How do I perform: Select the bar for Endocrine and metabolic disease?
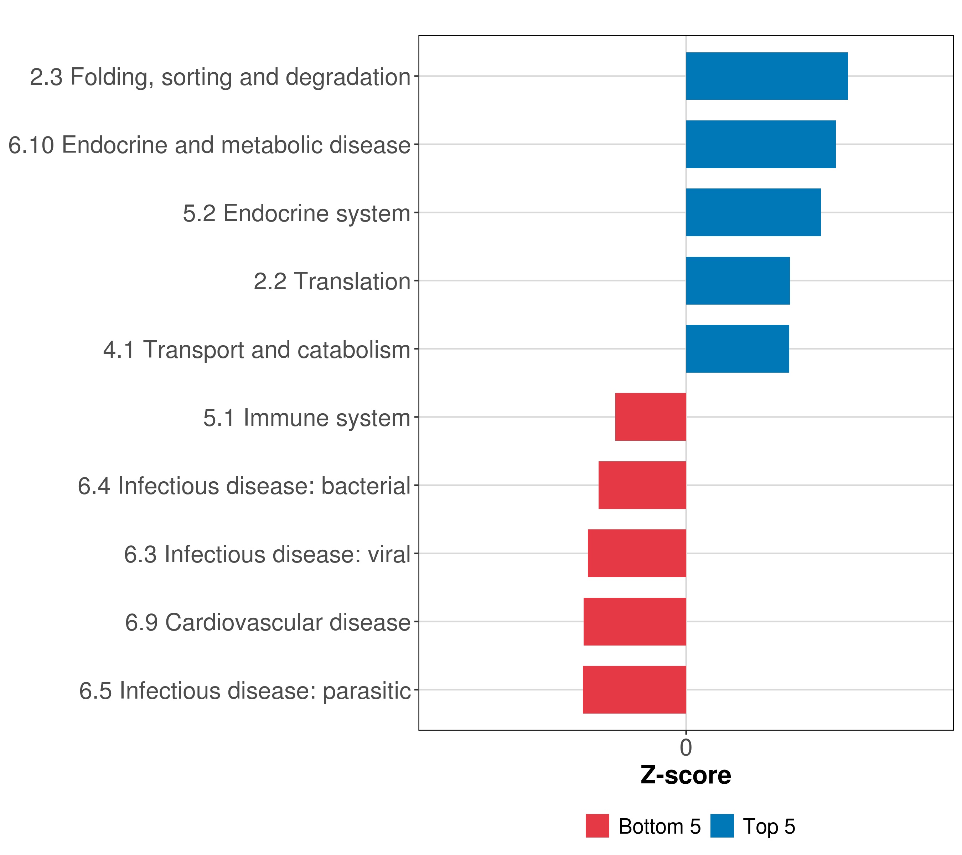[761, 145]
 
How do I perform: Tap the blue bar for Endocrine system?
[753, 213]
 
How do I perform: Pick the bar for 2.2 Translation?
[738, 281]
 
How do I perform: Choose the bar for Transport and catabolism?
[737, 349]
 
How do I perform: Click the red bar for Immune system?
[651, 417]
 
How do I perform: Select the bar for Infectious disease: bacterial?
[642, 485]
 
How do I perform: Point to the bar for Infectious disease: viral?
[637, 553]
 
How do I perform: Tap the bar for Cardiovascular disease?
[635, 622]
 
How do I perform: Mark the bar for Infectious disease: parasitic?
[634, 690]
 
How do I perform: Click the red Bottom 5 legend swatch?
[597, 826]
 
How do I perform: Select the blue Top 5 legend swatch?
[721, 826]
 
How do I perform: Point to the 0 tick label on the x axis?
[686, 748]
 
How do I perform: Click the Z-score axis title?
[686, 776]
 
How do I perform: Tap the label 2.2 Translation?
[332, 281]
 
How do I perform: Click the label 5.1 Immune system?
[306, 418]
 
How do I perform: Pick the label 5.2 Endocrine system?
[296, 213]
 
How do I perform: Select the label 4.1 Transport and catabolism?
[257, 349]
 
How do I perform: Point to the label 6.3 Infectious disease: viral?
[267, 554]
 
